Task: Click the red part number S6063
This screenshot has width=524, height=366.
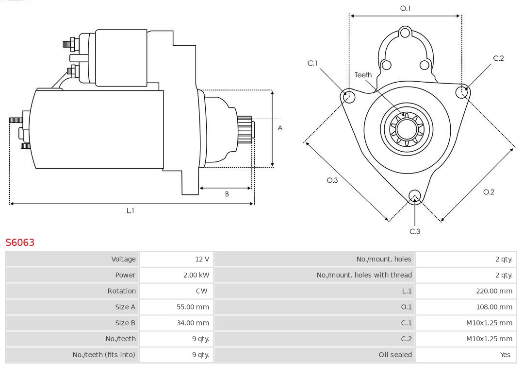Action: point(20,242)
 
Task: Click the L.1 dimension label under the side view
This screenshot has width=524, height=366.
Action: point(130,210)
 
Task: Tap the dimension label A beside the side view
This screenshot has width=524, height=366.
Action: point(280,128)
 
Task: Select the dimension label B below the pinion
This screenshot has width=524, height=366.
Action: point(227,194)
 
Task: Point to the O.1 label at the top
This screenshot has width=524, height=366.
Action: point(405,8)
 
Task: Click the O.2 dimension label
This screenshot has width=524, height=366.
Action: point(489,192)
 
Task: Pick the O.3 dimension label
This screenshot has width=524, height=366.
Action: point(332,180)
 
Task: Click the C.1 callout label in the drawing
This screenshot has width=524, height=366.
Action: point(312,63)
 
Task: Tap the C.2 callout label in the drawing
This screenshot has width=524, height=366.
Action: point(498,58)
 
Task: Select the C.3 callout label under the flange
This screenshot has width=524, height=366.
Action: point(415,231)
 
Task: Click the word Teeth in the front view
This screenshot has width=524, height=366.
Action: point(363,75)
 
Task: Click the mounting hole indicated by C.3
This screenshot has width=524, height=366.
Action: point(414,196)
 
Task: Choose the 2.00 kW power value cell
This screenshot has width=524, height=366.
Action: point(196,275)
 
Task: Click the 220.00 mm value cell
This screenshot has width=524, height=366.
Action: point(494,291)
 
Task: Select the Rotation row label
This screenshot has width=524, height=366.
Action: point(121,291)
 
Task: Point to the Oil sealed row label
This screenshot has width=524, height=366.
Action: point(395,355)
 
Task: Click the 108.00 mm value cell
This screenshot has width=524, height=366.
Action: point(494,307)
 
